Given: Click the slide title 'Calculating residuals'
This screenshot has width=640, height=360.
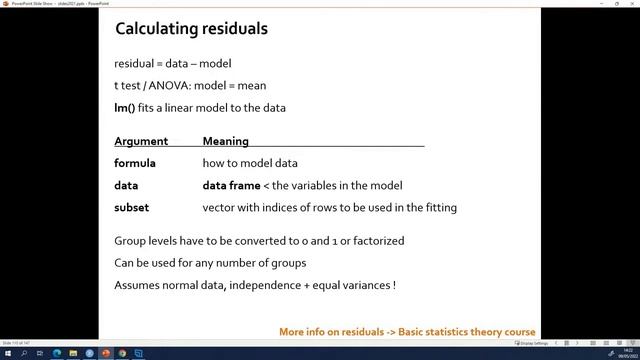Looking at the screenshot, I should point(191,28).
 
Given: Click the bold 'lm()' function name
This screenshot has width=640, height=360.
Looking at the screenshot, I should point(125,106).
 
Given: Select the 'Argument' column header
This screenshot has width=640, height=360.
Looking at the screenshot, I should point(141,141).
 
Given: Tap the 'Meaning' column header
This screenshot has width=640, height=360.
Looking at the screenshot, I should point(225,141).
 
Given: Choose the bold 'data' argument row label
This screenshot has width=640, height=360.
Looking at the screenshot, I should point(126,185).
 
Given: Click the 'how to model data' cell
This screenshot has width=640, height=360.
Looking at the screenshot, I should point(250,163).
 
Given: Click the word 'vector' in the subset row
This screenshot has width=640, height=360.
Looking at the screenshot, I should point(219,207).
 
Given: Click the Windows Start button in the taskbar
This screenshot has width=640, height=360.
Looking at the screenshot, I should point(7,353).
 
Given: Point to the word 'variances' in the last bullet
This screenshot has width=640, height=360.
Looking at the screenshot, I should point(366,285).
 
